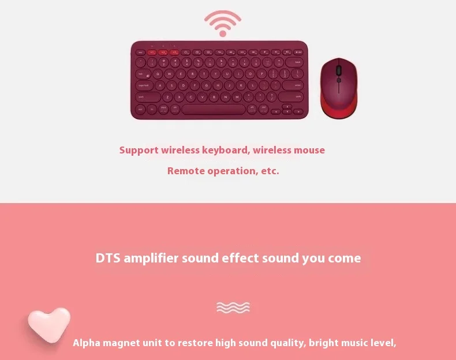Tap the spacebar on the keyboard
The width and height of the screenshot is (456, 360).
(214, 108)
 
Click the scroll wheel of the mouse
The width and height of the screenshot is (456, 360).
(339, 70)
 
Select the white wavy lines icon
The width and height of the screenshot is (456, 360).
(233, 307)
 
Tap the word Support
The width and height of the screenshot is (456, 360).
(139, 150)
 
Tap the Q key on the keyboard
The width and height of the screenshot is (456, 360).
(157, 74)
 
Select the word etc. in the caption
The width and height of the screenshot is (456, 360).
(270, 171)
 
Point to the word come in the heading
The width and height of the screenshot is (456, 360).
(344, 258)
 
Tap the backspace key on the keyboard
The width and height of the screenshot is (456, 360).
(297, 62)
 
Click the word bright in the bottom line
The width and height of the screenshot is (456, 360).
(323, 343)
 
